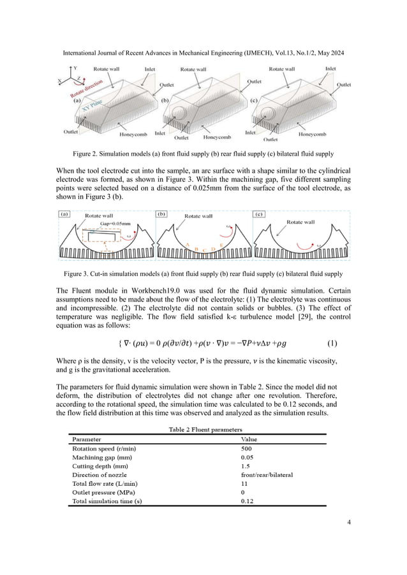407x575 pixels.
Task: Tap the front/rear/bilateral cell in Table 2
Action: click(267, 474)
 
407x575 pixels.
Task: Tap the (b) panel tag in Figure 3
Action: click(161, 215)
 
